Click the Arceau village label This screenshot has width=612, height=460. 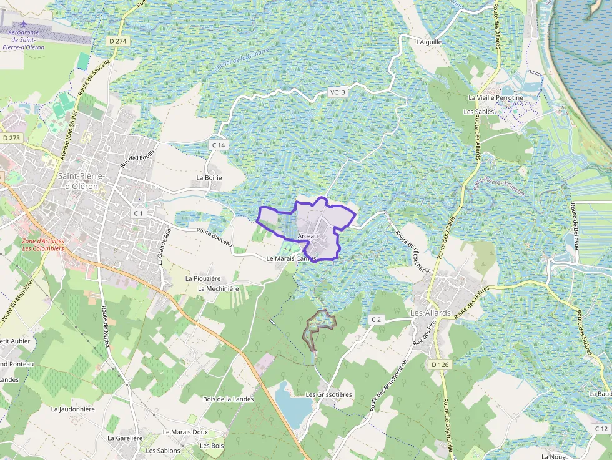[308, 236]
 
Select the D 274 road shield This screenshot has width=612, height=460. [117, 41]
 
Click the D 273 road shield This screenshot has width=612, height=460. [11, 138]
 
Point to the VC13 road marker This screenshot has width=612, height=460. [337, 92]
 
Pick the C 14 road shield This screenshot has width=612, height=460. [218, 145]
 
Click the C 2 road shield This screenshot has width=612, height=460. [375, 320]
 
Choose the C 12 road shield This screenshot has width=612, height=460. [601, 429]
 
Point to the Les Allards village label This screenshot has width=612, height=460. [430, 313]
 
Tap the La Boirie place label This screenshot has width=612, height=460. [209, 177]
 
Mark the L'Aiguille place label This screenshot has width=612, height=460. [428, 42]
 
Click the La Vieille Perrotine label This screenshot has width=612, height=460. [495, 98]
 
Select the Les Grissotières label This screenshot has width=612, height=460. [329, 394]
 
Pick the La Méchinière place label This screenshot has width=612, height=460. [219, 288]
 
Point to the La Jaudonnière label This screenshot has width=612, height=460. [73, 409]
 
